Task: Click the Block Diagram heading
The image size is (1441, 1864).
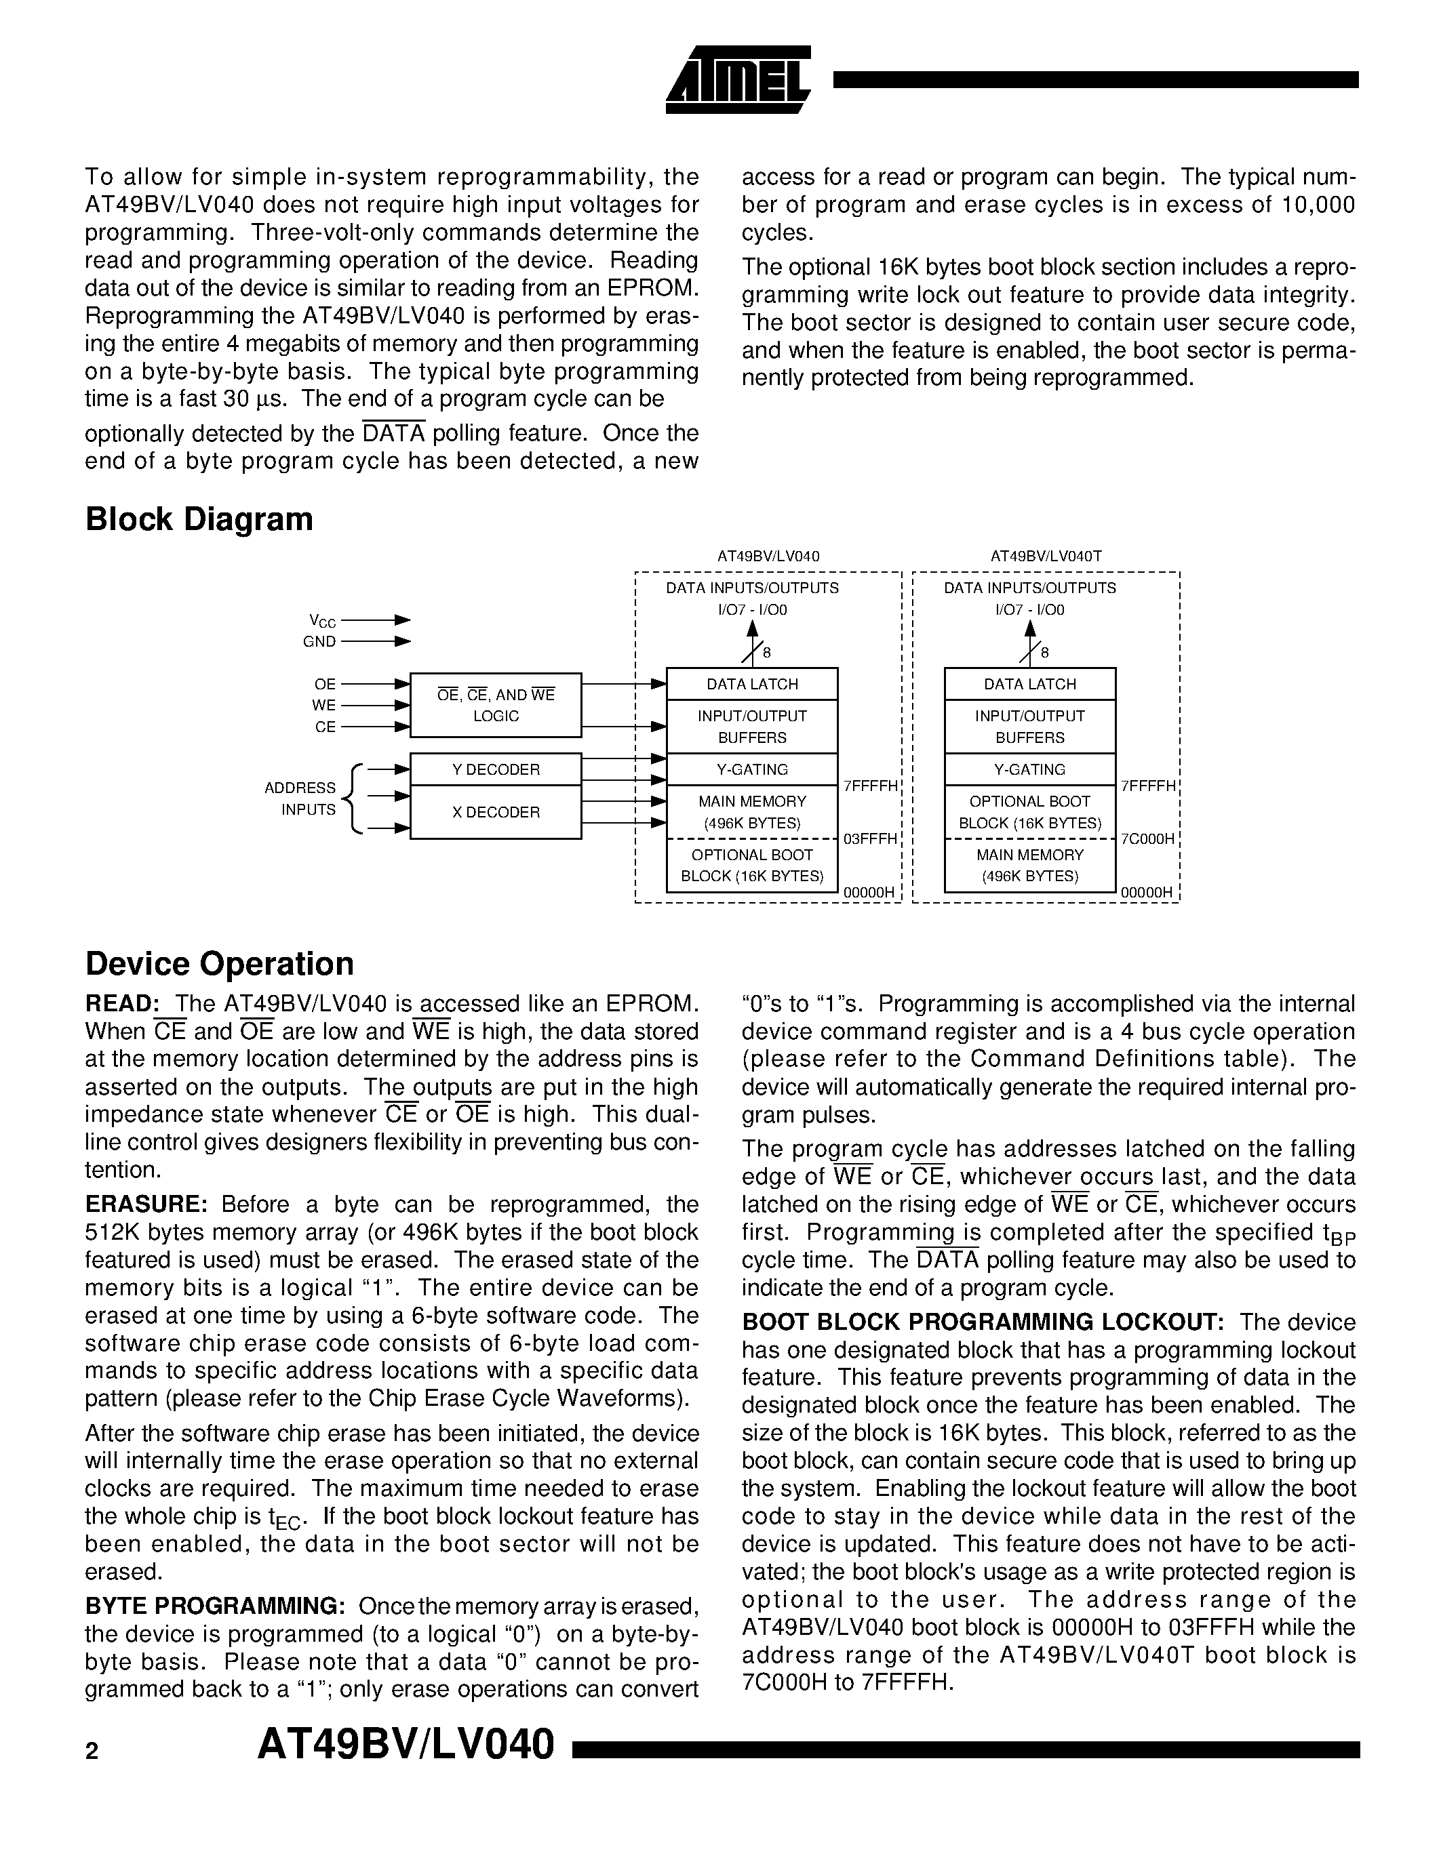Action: coord(199,519)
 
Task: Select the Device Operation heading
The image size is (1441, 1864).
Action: coord(220,964)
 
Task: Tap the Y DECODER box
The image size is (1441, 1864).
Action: coord(495,769)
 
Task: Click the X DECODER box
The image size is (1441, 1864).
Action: coord(495,811)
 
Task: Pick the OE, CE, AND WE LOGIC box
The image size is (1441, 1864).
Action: coord(495,705)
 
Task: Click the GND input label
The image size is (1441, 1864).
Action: coord(319,642)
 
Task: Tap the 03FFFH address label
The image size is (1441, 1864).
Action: coord(870,839)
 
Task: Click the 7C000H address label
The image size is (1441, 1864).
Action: coord(1147,839)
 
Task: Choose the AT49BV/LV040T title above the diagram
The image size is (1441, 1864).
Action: coord(1046,556)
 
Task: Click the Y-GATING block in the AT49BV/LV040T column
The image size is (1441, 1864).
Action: coord(1029,769)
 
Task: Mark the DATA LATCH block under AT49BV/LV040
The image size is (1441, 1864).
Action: coord(751,684)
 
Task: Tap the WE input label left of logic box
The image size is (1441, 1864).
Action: coord(323,705)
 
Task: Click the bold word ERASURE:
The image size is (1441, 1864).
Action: coord(146,1204)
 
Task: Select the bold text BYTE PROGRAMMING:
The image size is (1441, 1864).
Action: coord(215,1605)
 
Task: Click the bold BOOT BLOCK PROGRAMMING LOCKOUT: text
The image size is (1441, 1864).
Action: coord(983,1322)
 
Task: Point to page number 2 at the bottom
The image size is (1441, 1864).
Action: coord(92,1751)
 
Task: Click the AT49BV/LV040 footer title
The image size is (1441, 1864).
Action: coord(406,1745)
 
